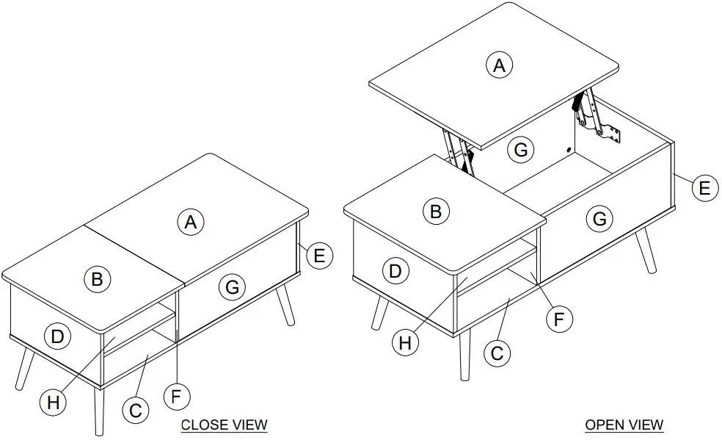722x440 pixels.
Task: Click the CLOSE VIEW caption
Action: [x=224, y=425]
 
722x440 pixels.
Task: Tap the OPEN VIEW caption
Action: [x=624, y=425]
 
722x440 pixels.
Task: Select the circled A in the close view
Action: [x=191, y=221]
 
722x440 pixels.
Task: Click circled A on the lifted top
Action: [x=499, y=65]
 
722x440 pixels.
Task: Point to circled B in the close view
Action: [x=97, y=278]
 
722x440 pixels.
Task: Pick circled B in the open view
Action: [x=436, y=212]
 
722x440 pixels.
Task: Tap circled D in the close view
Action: [x=56, y=337]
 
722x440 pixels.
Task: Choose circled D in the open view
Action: [x=395, y=271]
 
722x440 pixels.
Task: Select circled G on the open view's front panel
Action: [x=599, y=218]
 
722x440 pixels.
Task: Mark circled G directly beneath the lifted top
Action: [x=520, y=150]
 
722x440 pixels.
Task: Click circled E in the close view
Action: [x=319, y=256]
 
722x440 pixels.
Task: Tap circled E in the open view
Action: [x=704, y=188]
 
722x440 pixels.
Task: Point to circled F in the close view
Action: [x=176, y=397]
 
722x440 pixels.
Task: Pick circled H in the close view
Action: [x=53, y=402]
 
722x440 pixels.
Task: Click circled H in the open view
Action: [x=405, y=343]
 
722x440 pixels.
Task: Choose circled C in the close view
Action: [x=135, y=410]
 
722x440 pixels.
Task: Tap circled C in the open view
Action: [x=497, y=353]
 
